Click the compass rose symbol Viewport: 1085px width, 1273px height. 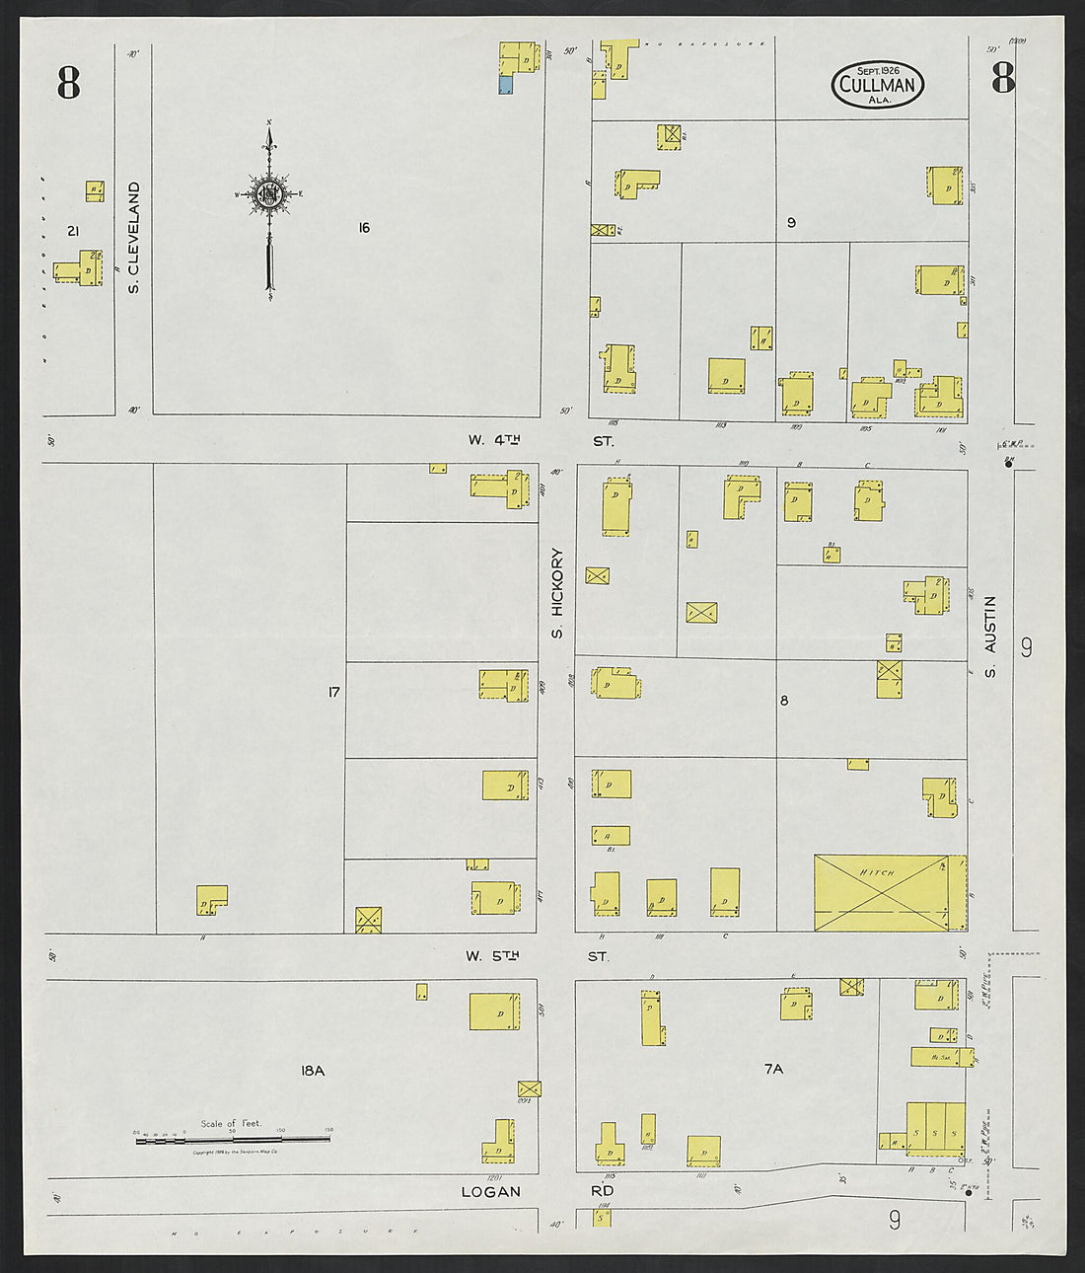pos(268,194)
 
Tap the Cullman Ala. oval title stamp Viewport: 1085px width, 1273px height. pos(877,84)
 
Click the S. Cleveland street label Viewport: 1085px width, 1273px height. pos(133,237)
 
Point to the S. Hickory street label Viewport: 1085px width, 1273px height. pos(557,593)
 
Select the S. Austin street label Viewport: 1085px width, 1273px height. pos(990,636)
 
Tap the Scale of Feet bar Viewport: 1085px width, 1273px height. pos(232,1139)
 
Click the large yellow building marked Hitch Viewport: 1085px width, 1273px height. pos(881,892)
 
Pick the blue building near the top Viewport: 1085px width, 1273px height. pos(505,86)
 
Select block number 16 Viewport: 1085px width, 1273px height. pos(363,228)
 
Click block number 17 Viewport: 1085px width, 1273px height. pos(333,693)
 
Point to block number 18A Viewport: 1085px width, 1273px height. pos(312,1070)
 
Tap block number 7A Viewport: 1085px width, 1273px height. pos(773,1069)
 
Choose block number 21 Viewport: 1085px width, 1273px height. pos(72,231)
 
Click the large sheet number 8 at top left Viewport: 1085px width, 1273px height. pos(68,83)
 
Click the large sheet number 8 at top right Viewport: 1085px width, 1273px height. pos(1003,78)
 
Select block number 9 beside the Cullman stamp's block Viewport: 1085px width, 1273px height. pos(791,223)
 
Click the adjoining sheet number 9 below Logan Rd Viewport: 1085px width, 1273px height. pos(894,1221)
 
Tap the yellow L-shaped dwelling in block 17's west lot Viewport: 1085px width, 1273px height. pos(211,897)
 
